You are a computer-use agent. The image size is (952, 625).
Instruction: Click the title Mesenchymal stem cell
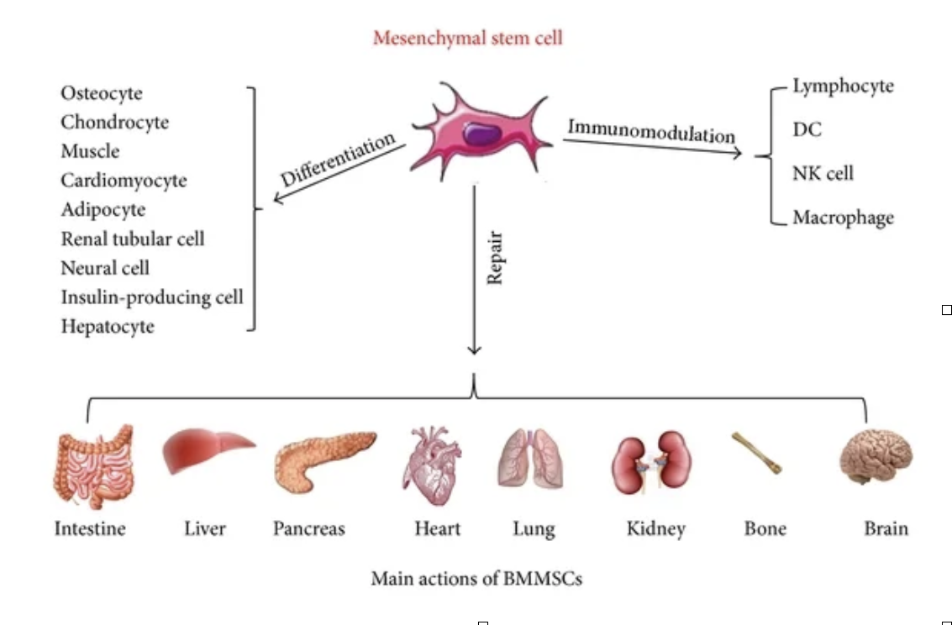(467, 38)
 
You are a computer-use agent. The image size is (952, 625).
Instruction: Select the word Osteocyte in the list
(102, 93)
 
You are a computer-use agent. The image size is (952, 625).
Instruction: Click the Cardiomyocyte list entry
(124, 181)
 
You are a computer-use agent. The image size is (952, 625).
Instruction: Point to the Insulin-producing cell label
(152, 297)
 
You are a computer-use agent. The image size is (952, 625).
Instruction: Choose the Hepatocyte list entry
(108, 326)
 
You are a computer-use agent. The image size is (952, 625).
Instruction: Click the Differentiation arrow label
(338, 160)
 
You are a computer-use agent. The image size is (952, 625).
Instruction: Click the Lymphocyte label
(843, 86)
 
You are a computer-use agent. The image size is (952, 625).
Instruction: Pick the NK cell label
(823, 174)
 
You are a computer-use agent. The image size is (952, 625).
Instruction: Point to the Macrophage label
(843, 218)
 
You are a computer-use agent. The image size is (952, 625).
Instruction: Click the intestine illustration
(92, 465)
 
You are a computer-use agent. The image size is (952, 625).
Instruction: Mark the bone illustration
(756, 454)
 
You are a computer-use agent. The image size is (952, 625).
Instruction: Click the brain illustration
(876, 456)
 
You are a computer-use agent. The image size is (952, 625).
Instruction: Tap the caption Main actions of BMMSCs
(476, 579)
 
